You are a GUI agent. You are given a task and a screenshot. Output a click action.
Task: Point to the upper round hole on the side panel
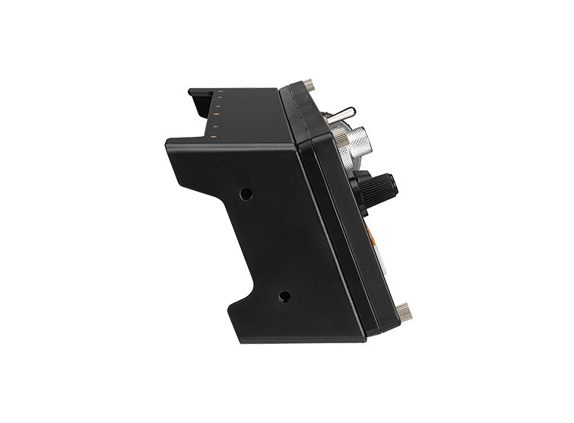click(x=246, y=194)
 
